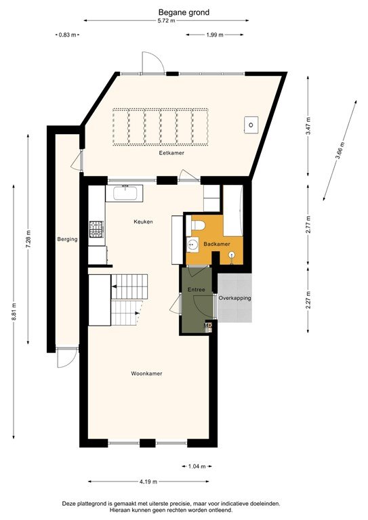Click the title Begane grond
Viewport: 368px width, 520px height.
pos(184,12)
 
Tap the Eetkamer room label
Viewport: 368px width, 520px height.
pos(171,153)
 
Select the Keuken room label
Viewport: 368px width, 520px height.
pos(143,221)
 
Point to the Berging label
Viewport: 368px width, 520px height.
pos(68,239)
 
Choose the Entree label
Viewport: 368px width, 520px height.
pos(197,290)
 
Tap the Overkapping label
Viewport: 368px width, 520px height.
pos(235,298)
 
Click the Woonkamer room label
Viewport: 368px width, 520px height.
pos(146,373)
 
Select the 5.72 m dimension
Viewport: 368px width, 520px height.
pos(166,21)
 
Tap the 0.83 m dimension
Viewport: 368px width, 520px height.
pos(68,34)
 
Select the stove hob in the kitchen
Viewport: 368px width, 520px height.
pos(97,230)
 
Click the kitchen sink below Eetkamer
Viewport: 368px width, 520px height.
pos(126,194)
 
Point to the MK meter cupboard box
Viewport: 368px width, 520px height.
pos(208,327)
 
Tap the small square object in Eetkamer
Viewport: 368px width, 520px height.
pos(251,125)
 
